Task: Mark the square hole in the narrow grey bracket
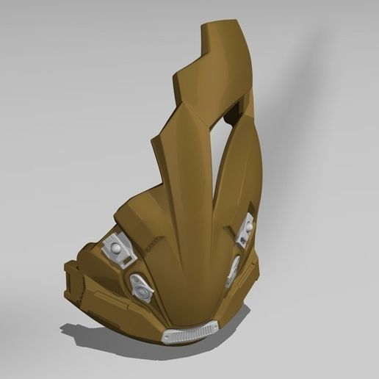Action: click(243, 237)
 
